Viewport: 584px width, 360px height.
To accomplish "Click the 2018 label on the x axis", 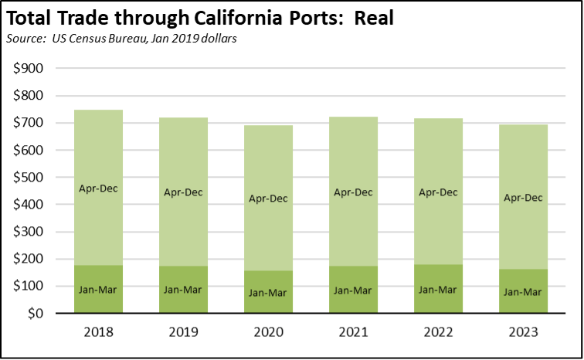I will (99, 332).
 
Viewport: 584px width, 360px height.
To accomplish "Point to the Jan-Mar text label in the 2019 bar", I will (183, 290).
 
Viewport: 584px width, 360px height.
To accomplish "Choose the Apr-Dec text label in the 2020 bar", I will (268, 199).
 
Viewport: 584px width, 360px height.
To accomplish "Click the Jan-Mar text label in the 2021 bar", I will (352, 290).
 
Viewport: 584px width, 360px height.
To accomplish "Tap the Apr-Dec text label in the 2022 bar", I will (437, 192).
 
